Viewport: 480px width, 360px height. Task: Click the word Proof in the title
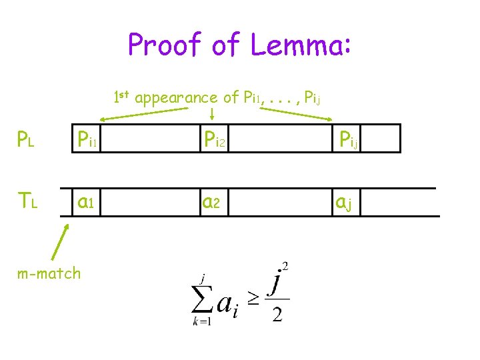click(163, 45)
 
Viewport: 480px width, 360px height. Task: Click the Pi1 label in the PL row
click(88, 140)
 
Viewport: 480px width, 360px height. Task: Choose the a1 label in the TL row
click(87, 201)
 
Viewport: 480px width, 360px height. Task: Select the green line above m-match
click(60, 242)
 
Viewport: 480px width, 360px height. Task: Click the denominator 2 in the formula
click(277, 314)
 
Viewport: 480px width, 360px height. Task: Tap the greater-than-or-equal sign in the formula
click(253, 299)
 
